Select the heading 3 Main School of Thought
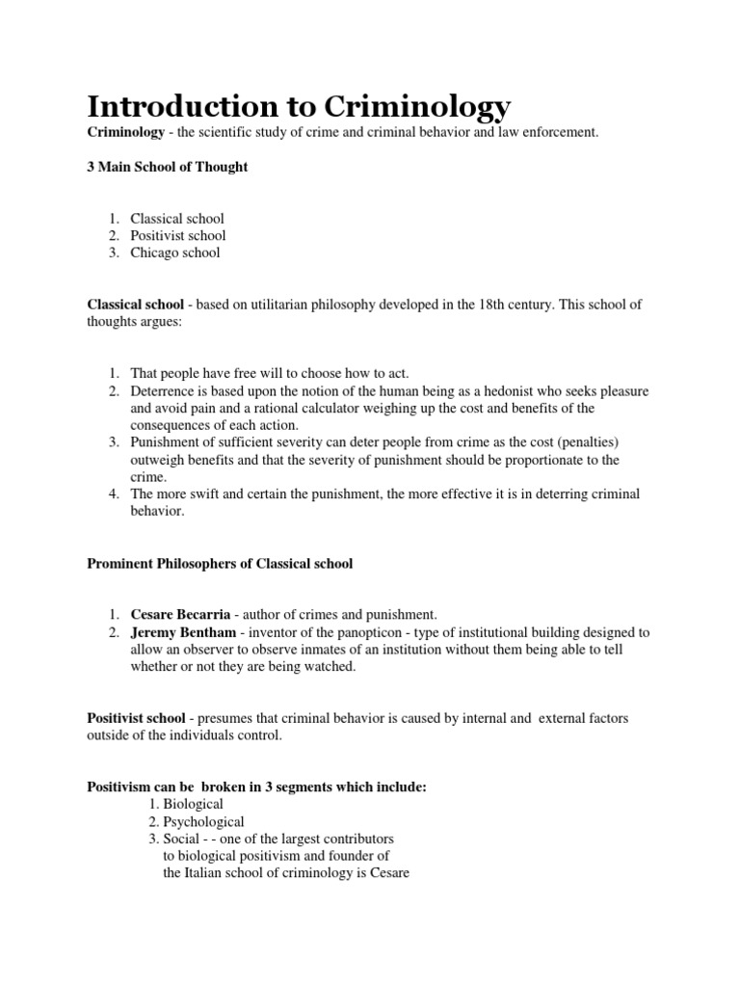click(168, 167)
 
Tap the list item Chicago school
click(175, 253)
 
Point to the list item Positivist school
click(178, 235)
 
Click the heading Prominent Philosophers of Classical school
click(220, 563)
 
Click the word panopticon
click(370, 632)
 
